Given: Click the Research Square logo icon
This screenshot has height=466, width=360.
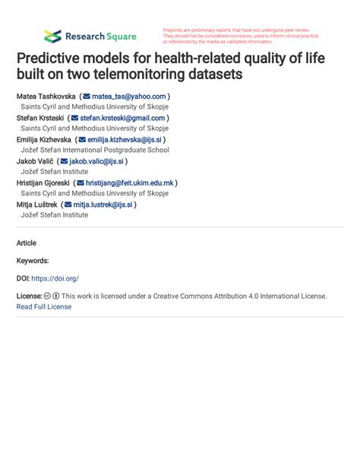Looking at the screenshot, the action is point(52,36).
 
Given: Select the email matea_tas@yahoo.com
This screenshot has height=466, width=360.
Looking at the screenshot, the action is point(129,97).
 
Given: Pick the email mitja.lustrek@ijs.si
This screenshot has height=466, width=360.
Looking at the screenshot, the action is point(103,204).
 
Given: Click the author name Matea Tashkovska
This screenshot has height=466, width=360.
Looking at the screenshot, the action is point(46,97).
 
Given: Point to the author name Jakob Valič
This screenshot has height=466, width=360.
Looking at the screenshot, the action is point(34,161).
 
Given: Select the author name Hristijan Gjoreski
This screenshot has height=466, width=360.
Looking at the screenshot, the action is point(43,183).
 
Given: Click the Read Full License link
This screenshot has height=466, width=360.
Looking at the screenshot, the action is point(44,306).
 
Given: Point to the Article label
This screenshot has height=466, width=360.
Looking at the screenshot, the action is point(26,243).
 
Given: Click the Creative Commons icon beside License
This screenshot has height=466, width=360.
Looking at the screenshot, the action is point(47,296).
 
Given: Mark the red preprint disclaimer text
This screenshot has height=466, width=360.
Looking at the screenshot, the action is point(239,36).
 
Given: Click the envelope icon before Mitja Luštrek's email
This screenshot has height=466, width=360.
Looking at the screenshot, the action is point(68,204).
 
